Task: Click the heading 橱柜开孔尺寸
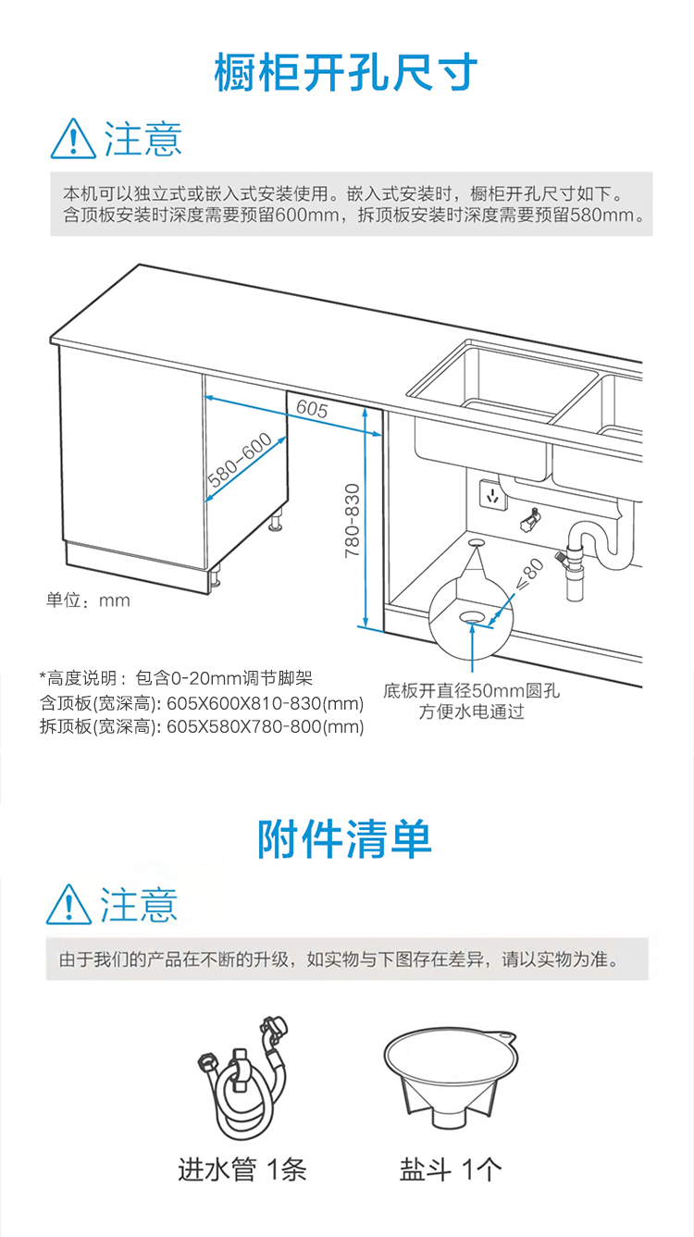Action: click(x=346, y=72)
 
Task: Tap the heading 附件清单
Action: click(x=344, y=839)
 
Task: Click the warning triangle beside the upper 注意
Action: click(x=73, y=139)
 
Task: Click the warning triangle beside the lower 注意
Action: click(x=68, y=904)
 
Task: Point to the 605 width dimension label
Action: click(x=312, y=409)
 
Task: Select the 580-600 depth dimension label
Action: click(x=240, y=460)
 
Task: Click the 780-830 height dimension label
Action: click(x=352, y=520)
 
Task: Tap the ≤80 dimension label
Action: click(x=529, y=575)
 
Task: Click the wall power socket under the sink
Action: click(x=492, y=494)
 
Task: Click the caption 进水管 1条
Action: click(x=242, y=1169)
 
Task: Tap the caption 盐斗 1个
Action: click(x=451, y=1169)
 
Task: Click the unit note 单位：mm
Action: click(x=88, y=600)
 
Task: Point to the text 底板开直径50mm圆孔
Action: click(x=472, y=690)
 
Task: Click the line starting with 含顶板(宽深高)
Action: click(x=202, y=703)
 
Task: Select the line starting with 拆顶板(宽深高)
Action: click(x=202, y=726)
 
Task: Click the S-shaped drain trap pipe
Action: click(x=601, y=542)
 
